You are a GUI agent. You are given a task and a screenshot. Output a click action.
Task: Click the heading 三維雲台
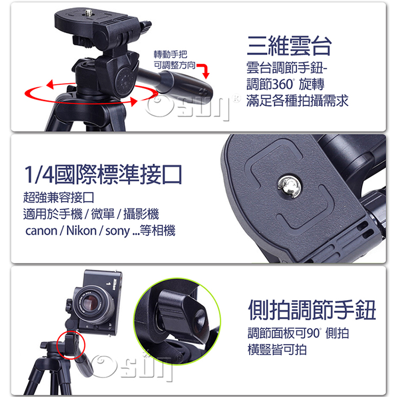click(x=289, y=46)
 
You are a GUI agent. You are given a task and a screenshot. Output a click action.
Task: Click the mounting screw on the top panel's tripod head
click(x=88, y=12)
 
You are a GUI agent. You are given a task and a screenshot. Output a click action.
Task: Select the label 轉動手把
click(x=170, y=54)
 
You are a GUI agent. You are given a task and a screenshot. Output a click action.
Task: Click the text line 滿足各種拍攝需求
click(x=297, y=101)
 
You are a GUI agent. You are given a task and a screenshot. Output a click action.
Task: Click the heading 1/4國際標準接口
click(x=103, y=174)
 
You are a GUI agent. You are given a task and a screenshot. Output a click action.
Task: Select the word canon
click(x=41, y=231)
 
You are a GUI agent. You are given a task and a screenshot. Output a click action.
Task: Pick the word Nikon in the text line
click(x=82, y=230)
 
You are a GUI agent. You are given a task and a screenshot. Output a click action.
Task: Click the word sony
click(x=117, y=231)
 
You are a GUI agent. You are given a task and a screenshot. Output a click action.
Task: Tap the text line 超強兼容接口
click(x=58, y=197)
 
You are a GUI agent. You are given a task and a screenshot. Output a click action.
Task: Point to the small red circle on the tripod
click(x=70, y=345)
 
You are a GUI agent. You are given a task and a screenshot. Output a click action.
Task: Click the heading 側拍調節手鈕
click(x=312, y=310)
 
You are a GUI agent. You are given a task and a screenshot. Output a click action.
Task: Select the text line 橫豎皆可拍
click(x=277, y=350)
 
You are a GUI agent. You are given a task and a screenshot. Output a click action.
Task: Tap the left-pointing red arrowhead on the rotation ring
click(x=50, y=84)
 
